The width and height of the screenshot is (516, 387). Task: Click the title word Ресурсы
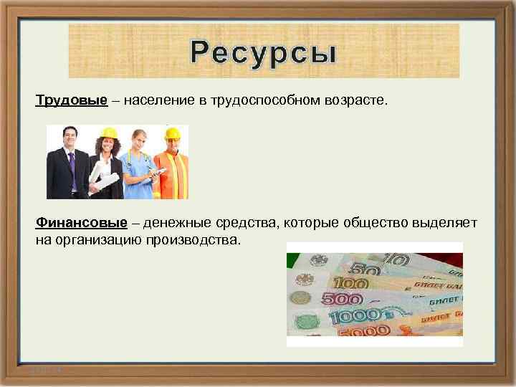click(x=263, y=52)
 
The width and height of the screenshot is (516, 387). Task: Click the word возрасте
click(x=353, y=100)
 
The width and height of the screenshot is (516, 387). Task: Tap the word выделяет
click(x=444, y=223)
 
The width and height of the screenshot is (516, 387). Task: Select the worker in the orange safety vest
click(x=173, y=168)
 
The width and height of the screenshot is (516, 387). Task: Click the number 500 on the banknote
click(x=345, y=300)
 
